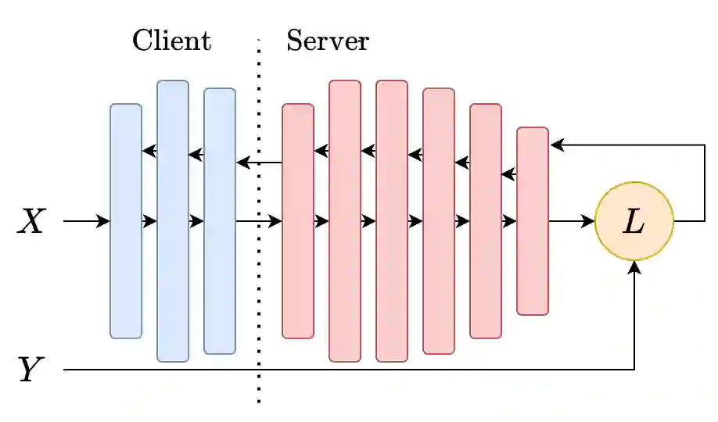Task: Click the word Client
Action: [171, 41]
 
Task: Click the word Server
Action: [327, 41]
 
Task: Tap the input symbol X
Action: [32, 223]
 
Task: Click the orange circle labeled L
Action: [634, 222]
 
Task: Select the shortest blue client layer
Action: [126, 221]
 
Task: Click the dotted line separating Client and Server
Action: [259, 313]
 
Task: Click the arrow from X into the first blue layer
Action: [86, 222]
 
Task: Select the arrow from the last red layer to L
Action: [572, 222]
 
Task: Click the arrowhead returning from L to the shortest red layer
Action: [557, 145]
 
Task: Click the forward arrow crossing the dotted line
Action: [259, 222]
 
